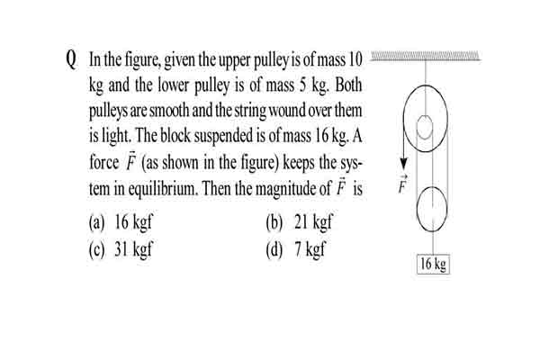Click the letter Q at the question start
(70, 60)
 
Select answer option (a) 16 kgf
(121, 221)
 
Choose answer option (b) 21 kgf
(300, 221)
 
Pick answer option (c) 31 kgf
(121, 248)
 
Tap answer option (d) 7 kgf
(295, 248)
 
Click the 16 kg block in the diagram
(433, 265)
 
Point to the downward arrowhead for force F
(403, 164)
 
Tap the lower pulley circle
(417, 209)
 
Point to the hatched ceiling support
(425, 56)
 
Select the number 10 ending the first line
(355, 59)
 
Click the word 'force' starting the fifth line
(104, 162)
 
